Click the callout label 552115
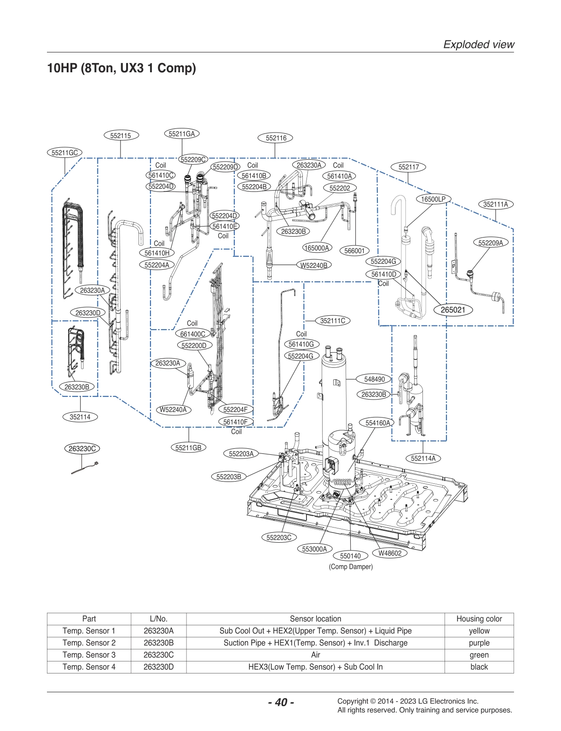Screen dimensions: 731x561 (x=121, y=136)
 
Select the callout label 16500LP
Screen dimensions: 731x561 (x=433, y=199)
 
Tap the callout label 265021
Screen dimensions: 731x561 (x=453, y=310)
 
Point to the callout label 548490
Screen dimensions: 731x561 (x=374, y=379)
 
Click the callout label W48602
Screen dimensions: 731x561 (x=390, y=553)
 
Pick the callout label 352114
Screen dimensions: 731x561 (x=80, y=417)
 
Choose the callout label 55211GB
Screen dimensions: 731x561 (x=188, y=447)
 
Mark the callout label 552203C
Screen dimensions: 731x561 (x=279, y=537)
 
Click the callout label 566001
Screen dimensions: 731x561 (x=354, y=251)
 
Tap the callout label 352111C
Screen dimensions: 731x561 (x=333, y=321)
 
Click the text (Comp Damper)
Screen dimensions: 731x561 (x=351, y=567)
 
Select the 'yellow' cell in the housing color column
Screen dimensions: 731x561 (x=479, y=631)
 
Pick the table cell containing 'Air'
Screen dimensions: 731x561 (x=315, y=655)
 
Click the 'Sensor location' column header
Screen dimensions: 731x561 (x=315, y=619)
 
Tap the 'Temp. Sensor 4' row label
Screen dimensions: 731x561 (x=89, y=667)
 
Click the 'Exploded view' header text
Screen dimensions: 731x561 (x=479, y=45)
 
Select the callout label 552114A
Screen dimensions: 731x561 (x=423, y=458)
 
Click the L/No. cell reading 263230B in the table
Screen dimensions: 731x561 (x=158, y=643)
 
